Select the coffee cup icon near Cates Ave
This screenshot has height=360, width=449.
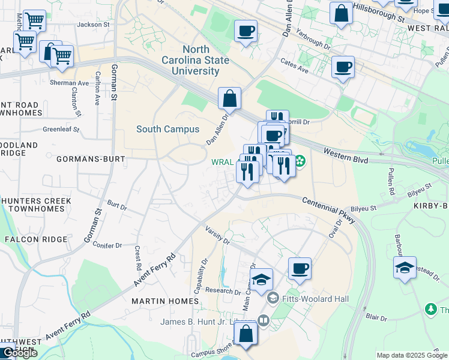coord(343,68)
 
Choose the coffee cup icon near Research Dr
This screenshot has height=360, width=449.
coord(300,269)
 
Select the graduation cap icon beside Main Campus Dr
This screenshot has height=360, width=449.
coord(261,280)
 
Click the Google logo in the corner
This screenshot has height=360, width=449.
coord(19,353)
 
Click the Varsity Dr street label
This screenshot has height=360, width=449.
coord(217,236)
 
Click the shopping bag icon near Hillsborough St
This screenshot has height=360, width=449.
coord(341,14)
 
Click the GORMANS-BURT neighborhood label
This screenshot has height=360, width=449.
coord(90,160)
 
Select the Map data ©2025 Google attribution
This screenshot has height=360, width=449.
coord(412,355)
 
